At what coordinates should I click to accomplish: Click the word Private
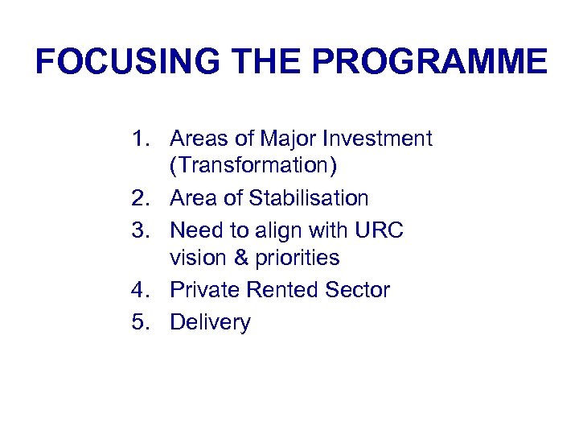[203, 290]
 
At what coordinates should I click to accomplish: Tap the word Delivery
[211, 322]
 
